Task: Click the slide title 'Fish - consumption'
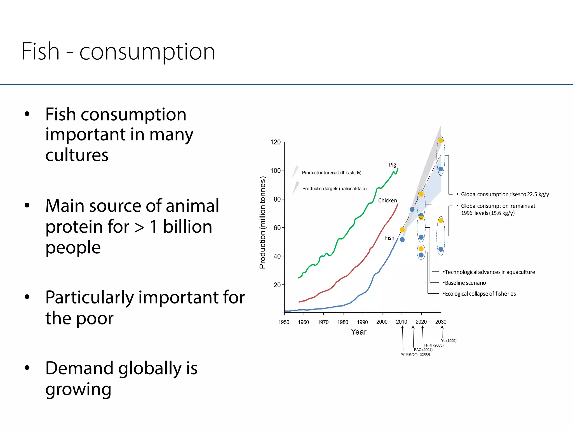118,52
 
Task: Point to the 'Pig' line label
392,165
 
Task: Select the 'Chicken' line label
387,200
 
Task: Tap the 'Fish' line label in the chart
389,238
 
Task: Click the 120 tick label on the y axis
275,142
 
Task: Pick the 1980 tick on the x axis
342,322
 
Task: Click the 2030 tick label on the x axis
441,322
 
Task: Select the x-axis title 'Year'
358,332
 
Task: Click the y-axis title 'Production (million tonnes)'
262,223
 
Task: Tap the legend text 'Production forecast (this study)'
332,173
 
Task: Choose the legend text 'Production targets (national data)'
334,189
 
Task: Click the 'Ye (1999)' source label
448,341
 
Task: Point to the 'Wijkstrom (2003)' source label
415,354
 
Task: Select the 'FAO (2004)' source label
423,350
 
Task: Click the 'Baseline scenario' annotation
465,283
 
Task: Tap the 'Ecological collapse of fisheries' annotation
480,294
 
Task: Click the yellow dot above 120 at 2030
441,141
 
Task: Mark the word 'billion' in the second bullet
187,226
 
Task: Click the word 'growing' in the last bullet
78,389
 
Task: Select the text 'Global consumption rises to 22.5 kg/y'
505,194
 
